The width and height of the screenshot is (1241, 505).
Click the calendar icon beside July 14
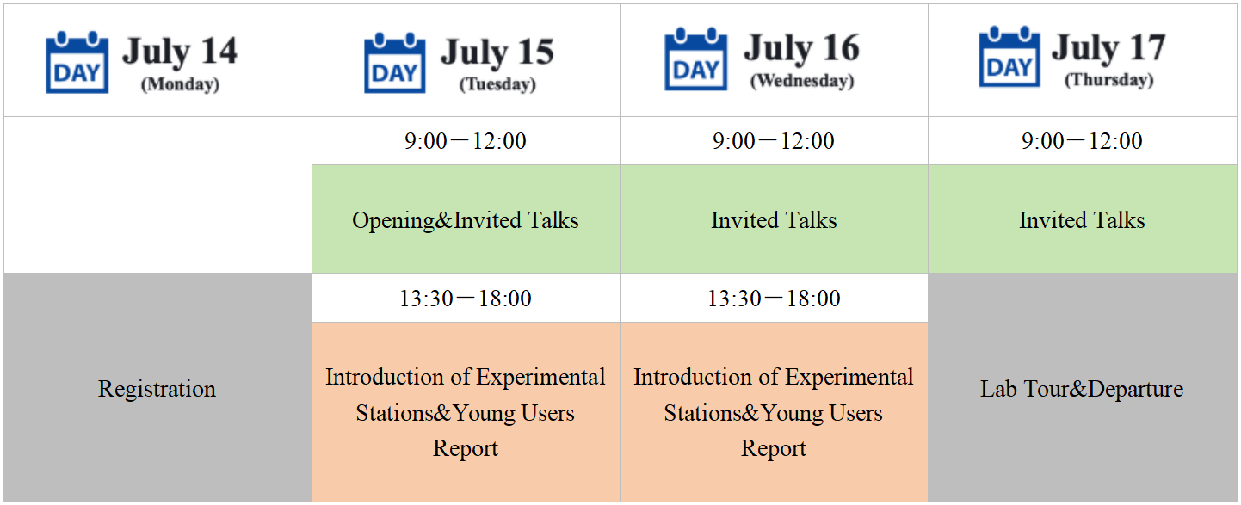tap(77, 62)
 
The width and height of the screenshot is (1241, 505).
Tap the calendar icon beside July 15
tap(395, 63)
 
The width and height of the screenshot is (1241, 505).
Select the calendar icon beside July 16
tap(696, 59)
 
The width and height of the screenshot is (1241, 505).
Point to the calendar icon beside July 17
tap(1009, 57)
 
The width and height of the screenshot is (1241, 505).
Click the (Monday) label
tap(180, 84)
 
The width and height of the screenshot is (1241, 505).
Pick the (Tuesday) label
tap(497, 84)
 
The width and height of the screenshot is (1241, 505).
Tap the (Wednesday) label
tap(802, 81)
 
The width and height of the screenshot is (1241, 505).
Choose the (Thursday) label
tap(1109, 80)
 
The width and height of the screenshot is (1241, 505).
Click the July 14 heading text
tap(180, 51)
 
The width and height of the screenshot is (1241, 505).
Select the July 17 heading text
tap(1109, 47)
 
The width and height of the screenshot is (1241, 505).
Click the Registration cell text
tap(157, 389)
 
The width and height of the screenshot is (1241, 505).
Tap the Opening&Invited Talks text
tap(466, 220)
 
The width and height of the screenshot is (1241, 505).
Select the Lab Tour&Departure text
tap(1082, 389)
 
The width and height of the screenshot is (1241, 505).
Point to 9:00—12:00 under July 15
tap(466, 140)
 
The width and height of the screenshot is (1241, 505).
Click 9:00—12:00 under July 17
tap(1082, 140)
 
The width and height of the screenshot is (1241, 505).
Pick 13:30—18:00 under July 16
tap(774, 299)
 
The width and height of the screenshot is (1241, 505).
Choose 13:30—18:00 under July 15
tap(466, 299)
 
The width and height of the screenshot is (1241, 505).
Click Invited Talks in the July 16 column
tap(774, 220)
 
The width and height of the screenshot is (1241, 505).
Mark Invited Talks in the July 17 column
tap(1082, 220)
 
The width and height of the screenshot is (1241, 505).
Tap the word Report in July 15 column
tap(466, 448)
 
